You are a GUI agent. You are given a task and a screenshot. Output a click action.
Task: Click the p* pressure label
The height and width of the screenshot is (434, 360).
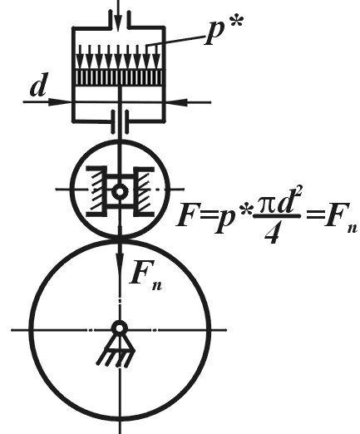[x=224, y=30]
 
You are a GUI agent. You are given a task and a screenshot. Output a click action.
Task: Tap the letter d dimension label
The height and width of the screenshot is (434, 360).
[x=39, y=85]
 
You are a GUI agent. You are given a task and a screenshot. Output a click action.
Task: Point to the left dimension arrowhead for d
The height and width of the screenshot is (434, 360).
[x=60, y=102]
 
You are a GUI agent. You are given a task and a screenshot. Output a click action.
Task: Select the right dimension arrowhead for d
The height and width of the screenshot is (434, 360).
[x=177, y=102]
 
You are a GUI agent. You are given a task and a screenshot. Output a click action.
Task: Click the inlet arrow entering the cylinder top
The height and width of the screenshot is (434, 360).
[x=118, y=14]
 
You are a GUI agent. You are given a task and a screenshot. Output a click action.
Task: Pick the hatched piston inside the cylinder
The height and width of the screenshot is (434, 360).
[x=119, y=77]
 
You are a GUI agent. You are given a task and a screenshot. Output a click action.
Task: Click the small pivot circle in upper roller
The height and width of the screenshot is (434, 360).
[x=120, y=191]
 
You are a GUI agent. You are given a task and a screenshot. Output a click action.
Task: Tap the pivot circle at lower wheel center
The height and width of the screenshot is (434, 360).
[x=120, y=328]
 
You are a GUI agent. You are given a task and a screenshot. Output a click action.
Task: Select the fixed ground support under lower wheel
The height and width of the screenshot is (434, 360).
[x=116, y=351]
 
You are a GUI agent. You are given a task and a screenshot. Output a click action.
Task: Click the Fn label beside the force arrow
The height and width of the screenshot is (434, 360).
[x=145, y=275]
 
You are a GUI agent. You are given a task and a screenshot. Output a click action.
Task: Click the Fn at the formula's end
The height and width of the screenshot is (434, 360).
[x=340, y=219]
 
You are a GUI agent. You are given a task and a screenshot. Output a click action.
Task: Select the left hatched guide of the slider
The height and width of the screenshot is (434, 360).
[x=97, y=191]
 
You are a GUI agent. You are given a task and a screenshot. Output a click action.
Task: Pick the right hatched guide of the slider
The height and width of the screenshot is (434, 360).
[x=144, y=191]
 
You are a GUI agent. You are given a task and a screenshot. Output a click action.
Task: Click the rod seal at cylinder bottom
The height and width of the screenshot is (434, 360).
[x=120, y=122]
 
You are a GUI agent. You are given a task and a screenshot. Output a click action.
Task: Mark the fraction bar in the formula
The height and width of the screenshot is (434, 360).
[x=277, y=216]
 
